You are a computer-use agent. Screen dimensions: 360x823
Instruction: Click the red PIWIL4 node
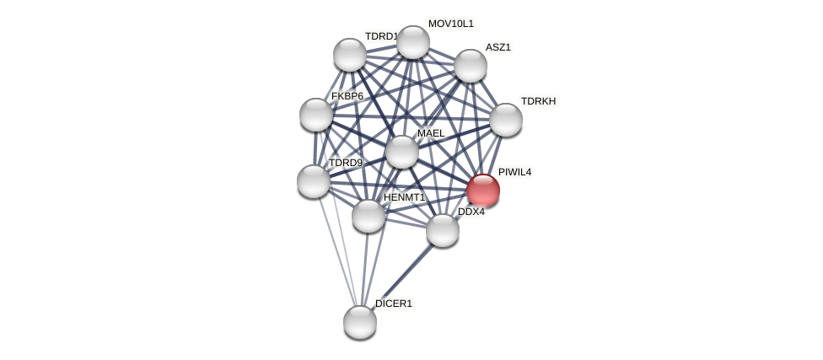coord(483,191)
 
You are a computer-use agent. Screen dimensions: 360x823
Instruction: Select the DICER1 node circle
coord(360,322)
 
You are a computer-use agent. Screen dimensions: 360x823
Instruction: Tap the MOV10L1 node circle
coord(413,42)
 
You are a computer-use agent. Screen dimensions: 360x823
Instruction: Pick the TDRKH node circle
coord(506,120)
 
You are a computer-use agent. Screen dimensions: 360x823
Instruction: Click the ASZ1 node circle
coord(471,66)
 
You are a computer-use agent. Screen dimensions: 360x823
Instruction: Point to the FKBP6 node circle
coord(316,115)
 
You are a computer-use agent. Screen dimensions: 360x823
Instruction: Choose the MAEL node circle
coord(402,152)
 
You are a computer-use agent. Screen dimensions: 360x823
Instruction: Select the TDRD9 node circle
coord(314,181)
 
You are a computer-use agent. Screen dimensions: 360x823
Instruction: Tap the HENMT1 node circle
coord(368,216)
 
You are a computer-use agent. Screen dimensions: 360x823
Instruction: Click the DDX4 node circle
coord(443,230)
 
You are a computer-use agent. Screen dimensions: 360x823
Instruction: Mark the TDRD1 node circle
coord(350,55)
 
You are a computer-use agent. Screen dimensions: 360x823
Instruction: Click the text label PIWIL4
coord(514,172)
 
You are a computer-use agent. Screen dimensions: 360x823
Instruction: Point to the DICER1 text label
coord(393,304)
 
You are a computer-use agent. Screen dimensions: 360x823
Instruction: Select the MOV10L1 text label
coord(450,24)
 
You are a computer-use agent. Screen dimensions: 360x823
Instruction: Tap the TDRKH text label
coord(538,101)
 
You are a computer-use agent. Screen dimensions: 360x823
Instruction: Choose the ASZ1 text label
coord(498,47)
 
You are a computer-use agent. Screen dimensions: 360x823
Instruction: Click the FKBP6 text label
coord(347,96)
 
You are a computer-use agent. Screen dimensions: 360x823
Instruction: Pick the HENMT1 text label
coord(404,197)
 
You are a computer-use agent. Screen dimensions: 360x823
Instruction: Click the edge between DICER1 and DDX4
coord(401,276)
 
